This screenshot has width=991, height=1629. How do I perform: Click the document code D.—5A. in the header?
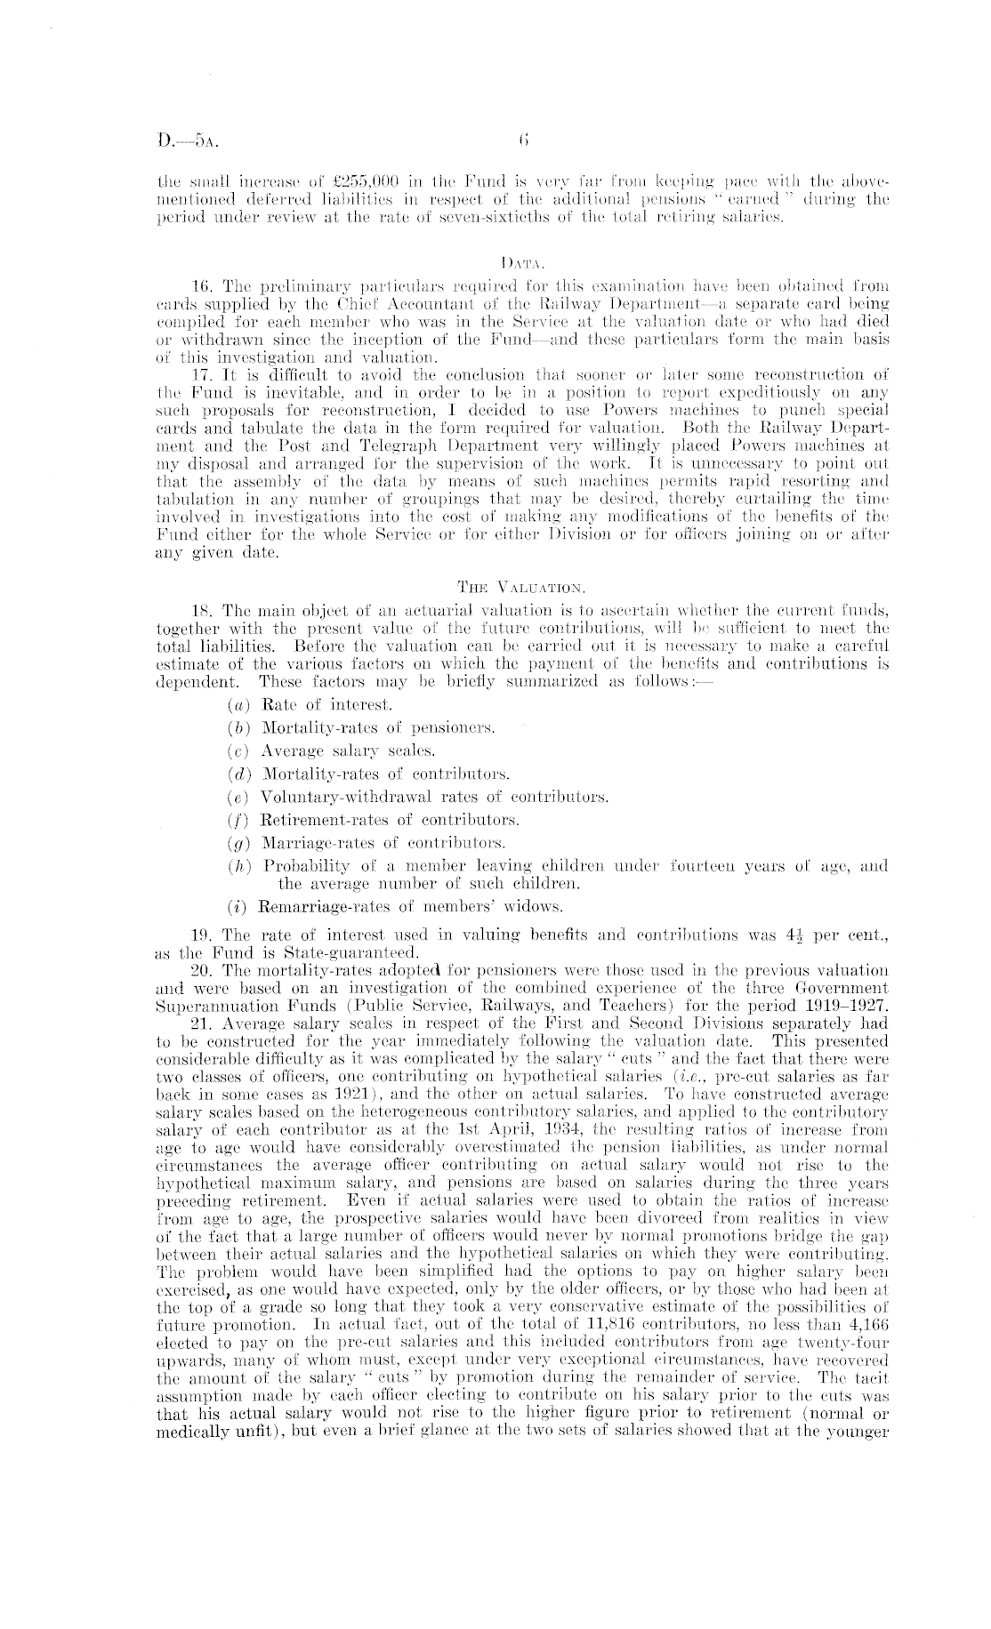(183, 140)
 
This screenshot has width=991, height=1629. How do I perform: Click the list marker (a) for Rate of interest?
(239, 705)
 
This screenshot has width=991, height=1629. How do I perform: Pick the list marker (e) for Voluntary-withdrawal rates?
(238, 797)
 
